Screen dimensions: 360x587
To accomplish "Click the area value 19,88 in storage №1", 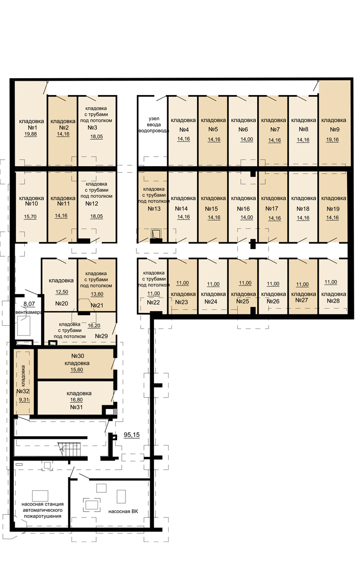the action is (x=30, y=134).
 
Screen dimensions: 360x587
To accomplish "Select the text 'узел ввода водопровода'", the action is (x=154, y=125).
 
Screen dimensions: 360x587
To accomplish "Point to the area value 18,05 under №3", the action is (x=97, y=136).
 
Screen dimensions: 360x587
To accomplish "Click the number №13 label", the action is (x=154, y=209).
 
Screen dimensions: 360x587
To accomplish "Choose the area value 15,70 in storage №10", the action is (x=30, y=217).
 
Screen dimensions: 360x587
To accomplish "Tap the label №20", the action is (x=62, y=303).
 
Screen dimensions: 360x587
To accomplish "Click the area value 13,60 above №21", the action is (x=97, y=294).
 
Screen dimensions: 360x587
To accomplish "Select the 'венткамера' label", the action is (x=29, y=312).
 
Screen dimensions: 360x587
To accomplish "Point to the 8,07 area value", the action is (x=29, y=304).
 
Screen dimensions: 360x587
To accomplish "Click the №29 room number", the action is (x=101, y=336).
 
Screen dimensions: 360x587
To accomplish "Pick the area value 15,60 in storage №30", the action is (x=77, y=370).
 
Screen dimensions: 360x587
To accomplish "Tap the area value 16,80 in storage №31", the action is (x=77, y=400).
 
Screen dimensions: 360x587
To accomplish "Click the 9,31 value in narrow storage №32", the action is (x=24, y=400).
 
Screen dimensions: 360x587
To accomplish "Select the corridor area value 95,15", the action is (x=132, y=435).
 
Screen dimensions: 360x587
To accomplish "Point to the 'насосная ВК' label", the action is (x=123, y=511).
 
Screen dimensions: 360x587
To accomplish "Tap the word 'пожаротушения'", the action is (x=43, y=516).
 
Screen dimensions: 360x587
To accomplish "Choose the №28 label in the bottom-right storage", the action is (x=333, y=301).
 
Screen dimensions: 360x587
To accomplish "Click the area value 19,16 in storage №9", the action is (x=333, y=140).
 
